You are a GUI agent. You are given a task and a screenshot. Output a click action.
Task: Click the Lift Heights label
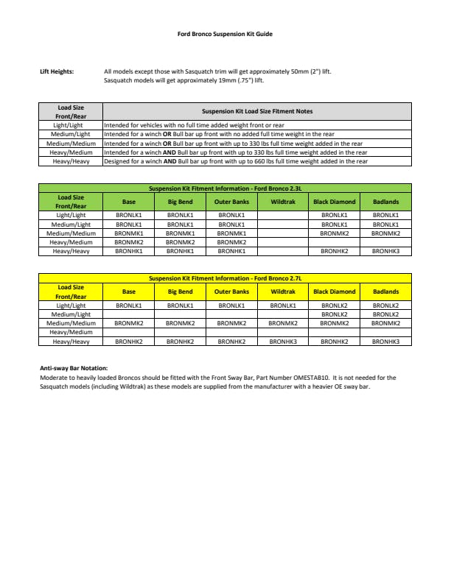pyautogui.click(x=56, y=72)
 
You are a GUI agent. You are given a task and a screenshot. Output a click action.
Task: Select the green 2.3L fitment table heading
pyautogui.click(x=225, y=188)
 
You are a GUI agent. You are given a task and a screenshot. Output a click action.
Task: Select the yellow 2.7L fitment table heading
pyautogui.click(x=225, y=278)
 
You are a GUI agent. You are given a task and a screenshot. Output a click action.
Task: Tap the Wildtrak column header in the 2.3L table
pyautogui.click(x=283, y=202)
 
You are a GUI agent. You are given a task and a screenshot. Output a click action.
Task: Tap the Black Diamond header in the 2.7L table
pyautogui.click(x=335, y=291)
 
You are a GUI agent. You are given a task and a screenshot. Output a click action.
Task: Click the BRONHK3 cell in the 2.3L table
pyautogui.click(x=385, y=251)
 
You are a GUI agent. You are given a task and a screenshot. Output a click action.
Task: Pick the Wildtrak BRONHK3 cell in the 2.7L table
pyautogui.click(x=283, y=342)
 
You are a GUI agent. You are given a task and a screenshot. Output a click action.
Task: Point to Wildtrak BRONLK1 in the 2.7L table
pyautogui.click(x=283, y=305)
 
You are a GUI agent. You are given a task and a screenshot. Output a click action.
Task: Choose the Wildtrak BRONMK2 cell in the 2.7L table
pyautogui.click(x=283, y=323)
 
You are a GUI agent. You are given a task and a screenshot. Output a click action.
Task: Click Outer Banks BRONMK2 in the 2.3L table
pyautogui.click(x=231, y=242)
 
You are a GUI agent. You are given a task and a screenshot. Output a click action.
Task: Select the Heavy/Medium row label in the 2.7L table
pyautogui.click(x=71, y=333)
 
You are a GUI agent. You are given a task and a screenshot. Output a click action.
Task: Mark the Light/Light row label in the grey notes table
pyautogui.click(x=71, y=126)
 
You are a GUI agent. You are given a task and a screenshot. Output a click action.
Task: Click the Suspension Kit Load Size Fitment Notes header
pyautogui.click(x=257, y=111)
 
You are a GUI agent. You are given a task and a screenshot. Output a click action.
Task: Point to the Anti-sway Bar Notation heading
pyautogui.click(x=74, y=367)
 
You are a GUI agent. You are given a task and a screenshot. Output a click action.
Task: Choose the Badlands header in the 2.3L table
pyautogui.click(x=385, y=202)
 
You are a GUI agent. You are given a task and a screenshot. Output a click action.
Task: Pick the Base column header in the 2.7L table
pyautogui.click(x=129, y=291)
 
